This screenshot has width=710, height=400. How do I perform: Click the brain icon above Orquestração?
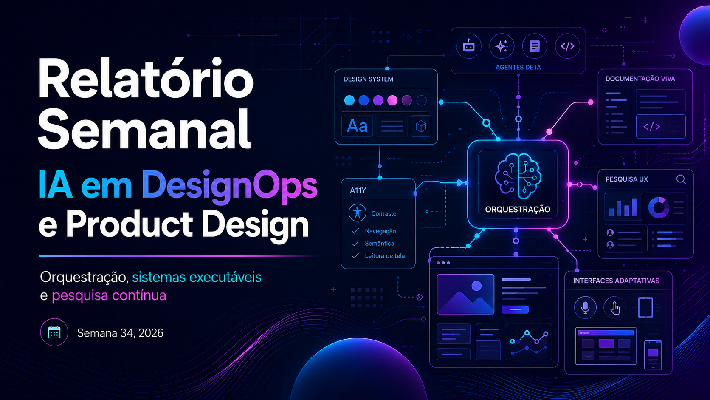coord(518,176)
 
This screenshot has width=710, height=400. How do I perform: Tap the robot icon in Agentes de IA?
coord(468,46)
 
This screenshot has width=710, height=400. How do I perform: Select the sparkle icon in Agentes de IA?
coord(502,46)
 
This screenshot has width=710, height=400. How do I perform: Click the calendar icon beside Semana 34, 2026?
coord(54,332)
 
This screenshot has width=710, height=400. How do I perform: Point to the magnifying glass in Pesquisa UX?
coord(681,179)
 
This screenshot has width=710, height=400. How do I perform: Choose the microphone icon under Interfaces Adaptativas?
coord(585,307)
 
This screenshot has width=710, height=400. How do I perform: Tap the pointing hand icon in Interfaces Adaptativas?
coord(615,307)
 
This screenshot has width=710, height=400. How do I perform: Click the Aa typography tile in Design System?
coord(357,126)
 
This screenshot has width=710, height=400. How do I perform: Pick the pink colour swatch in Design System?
coord(392,101)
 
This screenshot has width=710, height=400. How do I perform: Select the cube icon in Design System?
coord(421,126)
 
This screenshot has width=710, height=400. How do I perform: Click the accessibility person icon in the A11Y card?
coord(357,213)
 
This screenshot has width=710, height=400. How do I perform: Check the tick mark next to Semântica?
coord(355,243)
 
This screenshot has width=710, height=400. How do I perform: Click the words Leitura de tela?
coord(385,255)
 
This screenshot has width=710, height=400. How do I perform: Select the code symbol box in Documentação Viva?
coord(661,127)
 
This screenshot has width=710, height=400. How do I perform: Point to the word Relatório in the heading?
coord(146,78)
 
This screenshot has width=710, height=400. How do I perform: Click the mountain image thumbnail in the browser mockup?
coord(465,295)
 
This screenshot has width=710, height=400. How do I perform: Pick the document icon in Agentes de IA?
coord(534,46)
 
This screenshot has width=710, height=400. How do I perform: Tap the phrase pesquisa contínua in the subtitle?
coord(109,295)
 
